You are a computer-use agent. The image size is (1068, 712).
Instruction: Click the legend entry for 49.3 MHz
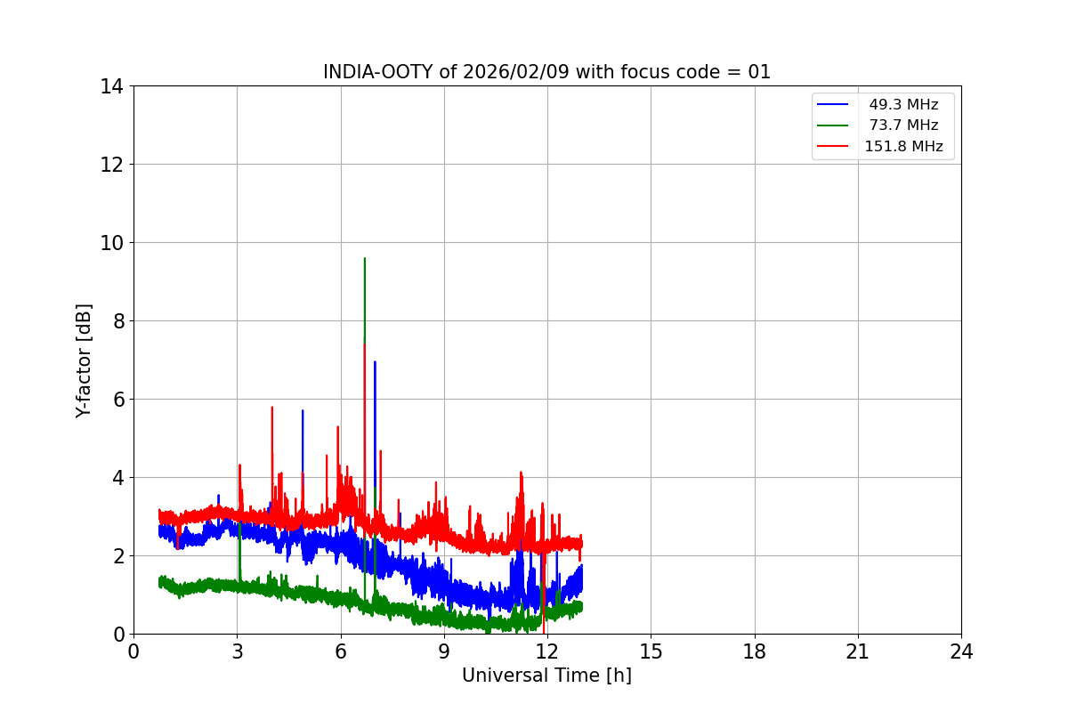pyautogui.click(x=903, y=105)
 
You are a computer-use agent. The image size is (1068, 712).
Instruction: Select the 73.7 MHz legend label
pyautogui.click(x=903, y=125)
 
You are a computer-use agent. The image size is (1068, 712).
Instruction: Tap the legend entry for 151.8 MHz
pyautogui.click(x=903, y=147)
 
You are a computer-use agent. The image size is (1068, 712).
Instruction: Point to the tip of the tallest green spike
pyautogui.click(x=365, y=258)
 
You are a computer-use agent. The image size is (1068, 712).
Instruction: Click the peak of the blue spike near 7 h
pyautogui.click(x=375, y=361)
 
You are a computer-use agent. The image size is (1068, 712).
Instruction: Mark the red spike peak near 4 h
pyautogui.click(x=272, y=407)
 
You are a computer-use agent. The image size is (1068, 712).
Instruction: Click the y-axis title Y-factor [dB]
pyautogui.click(x=84, y=360)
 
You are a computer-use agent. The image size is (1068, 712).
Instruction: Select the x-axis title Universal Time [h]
pyautogui.click(x=546, y=676)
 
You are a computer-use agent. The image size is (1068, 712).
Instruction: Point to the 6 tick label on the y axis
pyautogui.click(x=116, y=400)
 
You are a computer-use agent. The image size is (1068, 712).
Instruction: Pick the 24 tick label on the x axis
pyautogui.click(x=961, y=651)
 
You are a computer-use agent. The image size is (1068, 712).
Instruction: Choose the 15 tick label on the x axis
pyautogui.click(x=651, y=651)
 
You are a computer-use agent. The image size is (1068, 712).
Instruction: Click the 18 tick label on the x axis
pyautogui.click(x=755, y=651)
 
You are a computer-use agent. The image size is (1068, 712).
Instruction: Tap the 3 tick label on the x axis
pyautogui.click(x=237, y=651)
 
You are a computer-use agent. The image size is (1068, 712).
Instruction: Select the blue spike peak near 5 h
pyautogui.click(x=303, y=410)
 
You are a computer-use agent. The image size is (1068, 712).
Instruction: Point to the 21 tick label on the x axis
pyautogui.click(x=858, y=651)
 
